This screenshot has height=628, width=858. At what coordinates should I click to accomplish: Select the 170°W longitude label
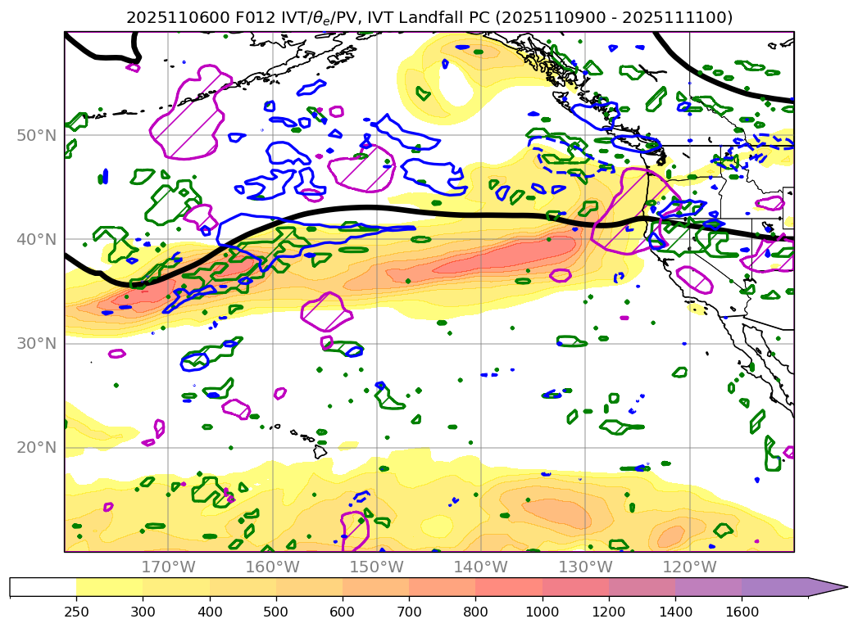point(168,567)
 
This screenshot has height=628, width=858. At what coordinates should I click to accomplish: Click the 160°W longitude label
point(272,567)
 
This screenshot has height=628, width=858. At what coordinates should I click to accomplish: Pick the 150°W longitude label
point(376,567)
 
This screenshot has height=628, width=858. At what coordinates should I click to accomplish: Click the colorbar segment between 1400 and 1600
point(708,587)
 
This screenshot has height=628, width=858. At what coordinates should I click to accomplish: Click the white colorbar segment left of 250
point(43,587)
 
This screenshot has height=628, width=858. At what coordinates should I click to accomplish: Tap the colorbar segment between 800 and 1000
point(509,587)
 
